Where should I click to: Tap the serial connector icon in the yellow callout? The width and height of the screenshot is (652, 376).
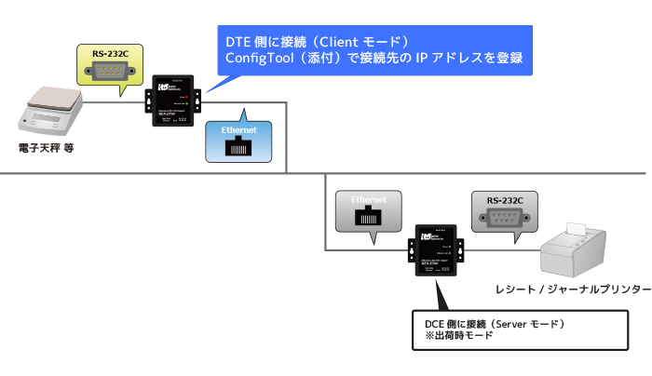point(109,73)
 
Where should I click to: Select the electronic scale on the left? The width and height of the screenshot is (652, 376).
point(52,111)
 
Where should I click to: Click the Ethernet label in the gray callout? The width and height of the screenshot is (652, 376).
point(367,200)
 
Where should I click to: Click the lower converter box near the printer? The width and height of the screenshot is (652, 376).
point(436,250)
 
